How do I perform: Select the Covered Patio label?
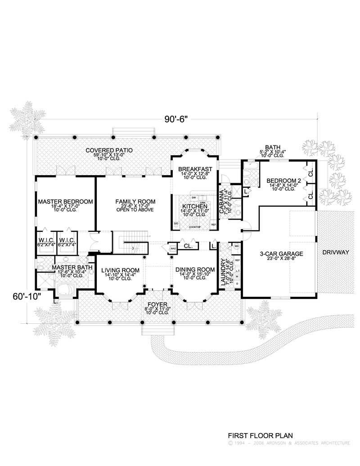pyautogui.click(x=109, y=150)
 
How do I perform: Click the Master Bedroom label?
pyautogui.click(x=65, y=201)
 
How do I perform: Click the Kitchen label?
pyautogui.click(x=194, y=206)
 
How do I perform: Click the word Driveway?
pyautogui.click(x=336, y=253)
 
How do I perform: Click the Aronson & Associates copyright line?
pyautogui.click(x=289, y=443)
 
